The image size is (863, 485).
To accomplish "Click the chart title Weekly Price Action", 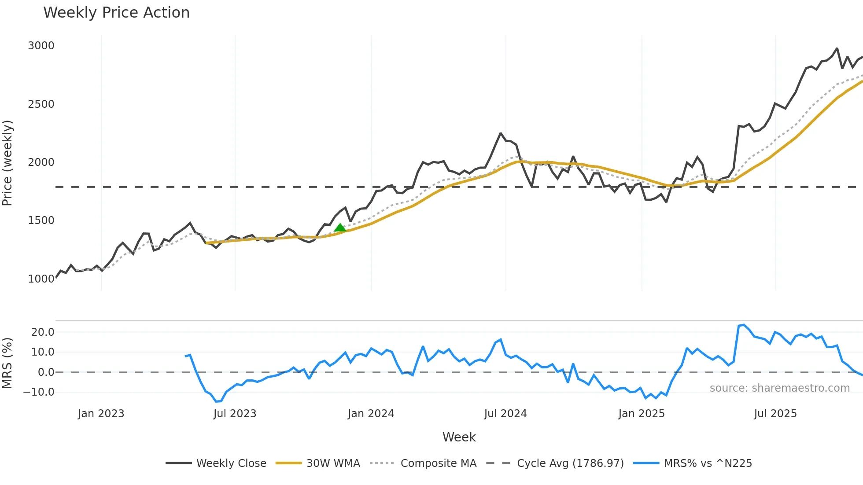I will (116, 13).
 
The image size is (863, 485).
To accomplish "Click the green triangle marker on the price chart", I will (340, 228).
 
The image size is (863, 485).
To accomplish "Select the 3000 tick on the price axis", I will (41, 46).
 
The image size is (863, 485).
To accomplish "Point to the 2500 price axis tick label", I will (41, 104).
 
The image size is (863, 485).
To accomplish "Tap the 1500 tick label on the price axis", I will (41, 220).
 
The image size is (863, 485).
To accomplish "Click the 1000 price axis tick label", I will (41, 279).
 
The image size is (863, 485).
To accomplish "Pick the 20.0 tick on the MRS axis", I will (43, 332).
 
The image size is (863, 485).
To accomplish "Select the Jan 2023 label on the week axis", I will (101, 414).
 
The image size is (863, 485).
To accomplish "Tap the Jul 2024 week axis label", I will (505, 414).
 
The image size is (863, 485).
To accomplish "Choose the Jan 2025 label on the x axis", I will (641, 414).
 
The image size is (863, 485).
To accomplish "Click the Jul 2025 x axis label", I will (775, 414).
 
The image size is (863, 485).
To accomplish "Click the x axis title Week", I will (459, 437).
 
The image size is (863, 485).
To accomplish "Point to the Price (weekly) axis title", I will (7, 163).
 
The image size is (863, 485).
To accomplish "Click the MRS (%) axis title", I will (7, 363).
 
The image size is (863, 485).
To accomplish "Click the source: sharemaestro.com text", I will (779, 388).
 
